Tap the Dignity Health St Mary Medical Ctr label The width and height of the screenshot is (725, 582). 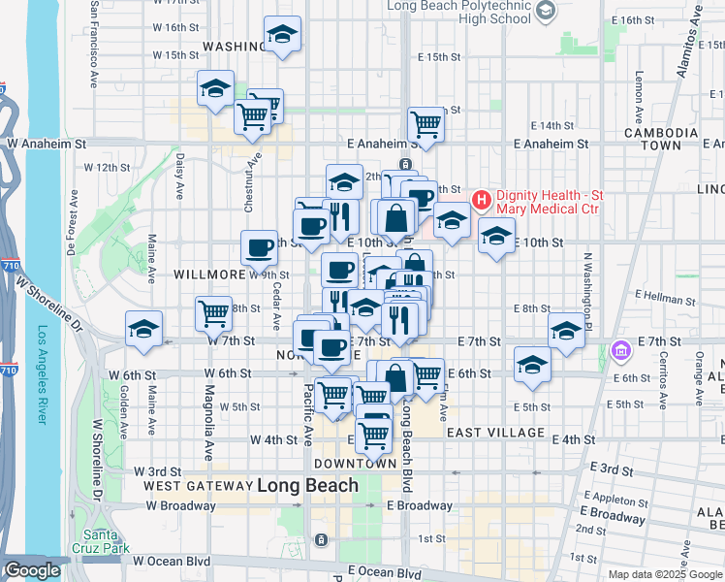point(549,201)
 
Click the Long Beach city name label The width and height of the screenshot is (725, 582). point(307,486)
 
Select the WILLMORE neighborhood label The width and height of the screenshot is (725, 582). point(206,275)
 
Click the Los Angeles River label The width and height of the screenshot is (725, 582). point(42,374)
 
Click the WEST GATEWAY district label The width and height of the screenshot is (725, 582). point(197,485)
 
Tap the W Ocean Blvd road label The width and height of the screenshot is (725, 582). point(171,561)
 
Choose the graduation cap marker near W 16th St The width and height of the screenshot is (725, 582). point(281,35)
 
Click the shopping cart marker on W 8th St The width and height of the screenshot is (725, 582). point(213,312)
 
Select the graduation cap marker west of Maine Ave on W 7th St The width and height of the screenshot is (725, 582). point(143,327)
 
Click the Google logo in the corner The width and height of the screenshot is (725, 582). point(32,571)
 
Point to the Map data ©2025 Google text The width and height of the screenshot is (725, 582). point(666,574)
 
